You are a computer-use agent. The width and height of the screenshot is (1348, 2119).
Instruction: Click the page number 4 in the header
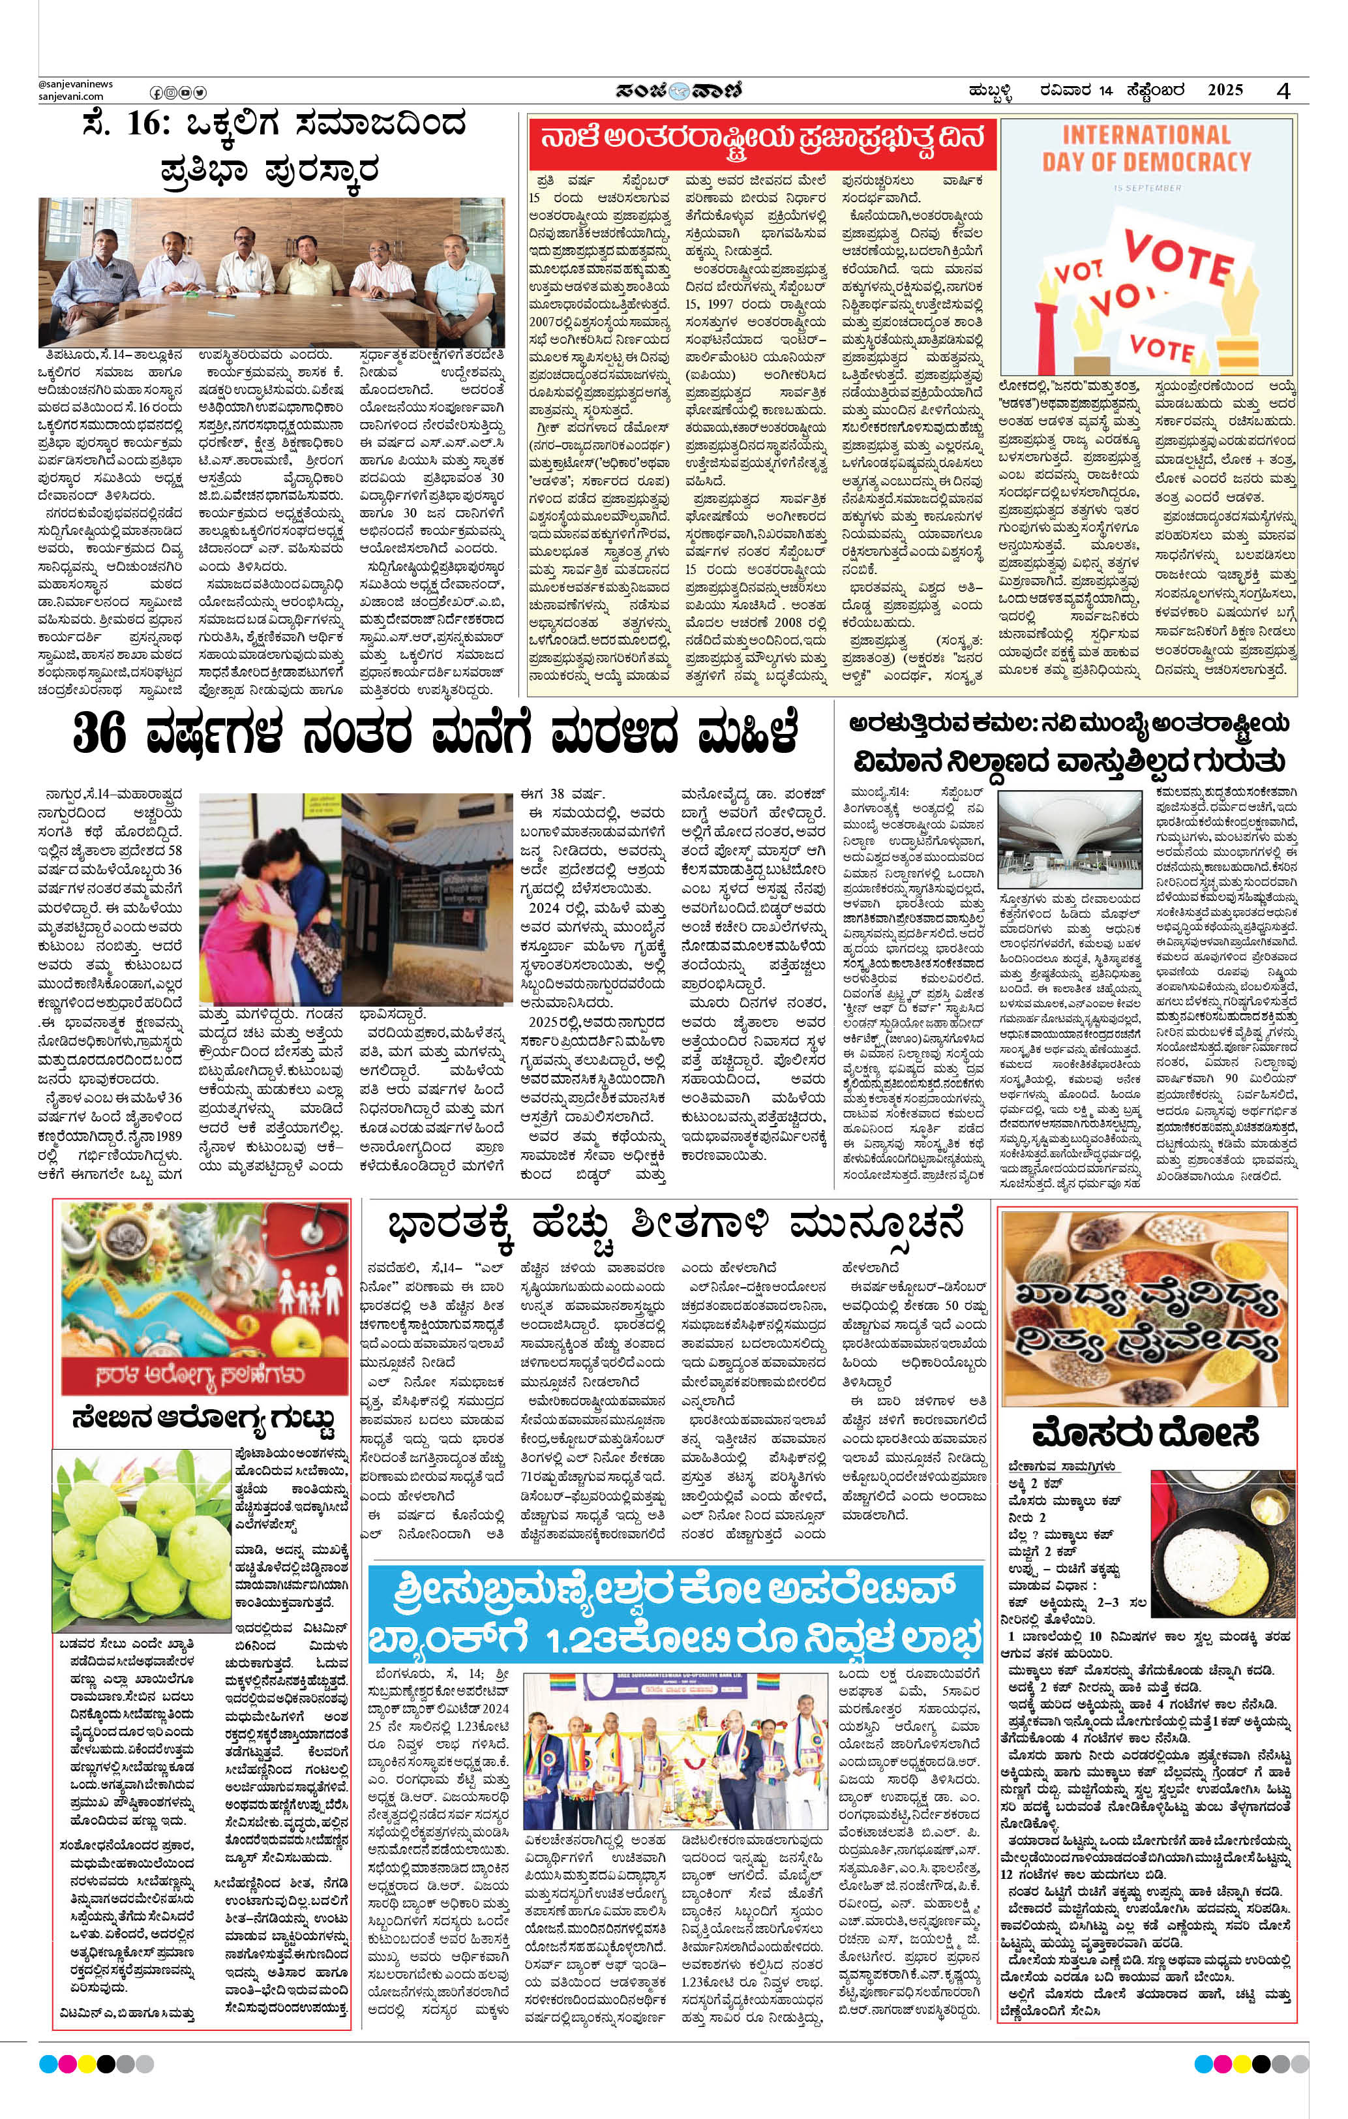tap(1285, 90)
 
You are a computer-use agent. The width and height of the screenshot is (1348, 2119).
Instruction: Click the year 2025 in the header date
tap(1225, 90)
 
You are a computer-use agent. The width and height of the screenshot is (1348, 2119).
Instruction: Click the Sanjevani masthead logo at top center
tap(672, 91)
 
